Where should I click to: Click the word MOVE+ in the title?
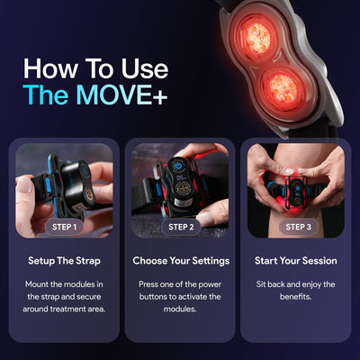pos(125,96)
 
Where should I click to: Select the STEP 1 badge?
pos(63,227)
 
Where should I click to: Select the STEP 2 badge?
pos(180,227)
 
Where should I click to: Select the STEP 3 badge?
pos(297,227)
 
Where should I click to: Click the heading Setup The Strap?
pos(63,261)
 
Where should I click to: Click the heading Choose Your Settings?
pos(180,261)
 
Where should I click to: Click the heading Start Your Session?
pos(296,261)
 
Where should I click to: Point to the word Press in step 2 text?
pos(149,284)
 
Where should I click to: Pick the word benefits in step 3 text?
pos(296,299)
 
